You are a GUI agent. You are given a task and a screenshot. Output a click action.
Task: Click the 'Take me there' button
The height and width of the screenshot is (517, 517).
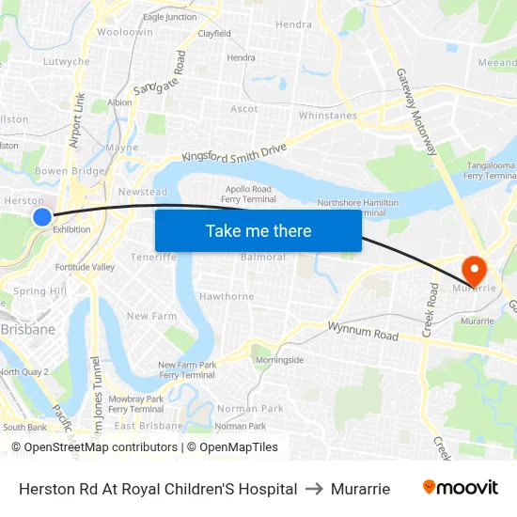[x=258, y=231]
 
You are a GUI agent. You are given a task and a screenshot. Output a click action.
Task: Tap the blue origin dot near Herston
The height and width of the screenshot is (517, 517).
[x=42, y=217]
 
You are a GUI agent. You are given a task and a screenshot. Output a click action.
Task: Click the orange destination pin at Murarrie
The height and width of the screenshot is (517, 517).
[x=474, y=270]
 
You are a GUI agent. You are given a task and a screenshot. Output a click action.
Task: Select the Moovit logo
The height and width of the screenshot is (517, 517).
[x=460, y=488]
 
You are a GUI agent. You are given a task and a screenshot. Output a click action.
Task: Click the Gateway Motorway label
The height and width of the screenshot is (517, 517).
[x=416, y=112]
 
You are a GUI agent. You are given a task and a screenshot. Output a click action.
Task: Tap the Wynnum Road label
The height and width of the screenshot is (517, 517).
[x=363, y=331]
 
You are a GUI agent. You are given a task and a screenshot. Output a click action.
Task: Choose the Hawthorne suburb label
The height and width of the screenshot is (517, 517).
[x=227, y=296]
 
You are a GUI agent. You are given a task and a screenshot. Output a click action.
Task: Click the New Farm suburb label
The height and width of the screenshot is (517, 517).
[x=151, y=317]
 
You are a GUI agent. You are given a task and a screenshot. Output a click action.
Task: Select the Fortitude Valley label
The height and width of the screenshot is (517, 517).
[x=85, y=267]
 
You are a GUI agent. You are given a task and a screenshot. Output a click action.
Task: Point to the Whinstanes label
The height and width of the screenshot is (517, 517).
[x=327, y=116]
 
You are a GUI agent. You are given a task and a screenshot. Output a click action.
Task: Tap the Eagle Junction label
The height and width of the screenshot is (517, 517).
[x=170, y=17]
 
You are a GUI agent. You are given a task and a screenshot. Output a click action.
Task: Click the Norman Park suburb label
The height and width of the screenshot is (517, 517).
[x=250, y=409]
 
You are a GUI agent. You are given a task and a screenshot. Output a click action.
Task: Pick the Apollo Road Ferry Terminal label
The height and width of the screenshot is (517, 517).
[x=248, y=194]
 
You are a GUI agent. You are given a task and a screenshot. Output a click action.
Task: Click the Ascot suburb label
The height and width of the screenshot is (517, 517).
[x=244, y=109]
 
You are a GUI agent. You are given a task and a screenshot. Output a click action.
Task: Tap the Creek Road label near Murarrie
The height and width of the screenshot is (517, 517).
[x=431, y=310]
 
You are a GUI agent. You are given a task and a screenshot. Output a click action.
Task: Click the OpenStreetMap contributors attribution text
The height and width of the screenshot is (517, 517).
[x=100, y=447]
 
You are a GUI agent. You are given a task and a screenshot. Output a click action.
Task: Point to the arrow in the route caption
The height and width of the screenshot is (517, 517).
[x=314, y=489]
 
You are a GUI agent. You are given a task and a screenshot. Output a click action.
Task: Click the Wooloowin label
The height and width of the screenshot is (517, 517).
[x=125, y=32]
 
